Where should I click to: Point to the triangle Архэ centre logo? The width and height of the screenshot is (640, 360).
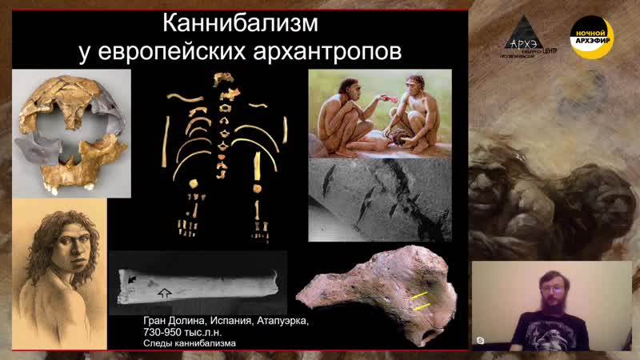pyautogui.click(x=526, y=35)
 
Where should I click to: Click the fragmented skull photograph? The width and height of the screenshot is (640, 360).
pyautogui.click(x=72, y=132)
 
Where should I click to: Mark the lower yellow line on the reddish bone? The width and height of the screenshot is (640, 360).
pyautogui.click(x=423, y=307)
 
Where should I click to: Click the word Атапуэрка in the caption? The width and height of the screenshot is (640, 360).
pyautogui.click(x=281, y=320)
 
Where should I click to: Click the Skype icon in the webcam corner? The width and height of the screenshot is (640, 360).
pyautogui.click(x=480, y=341)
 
